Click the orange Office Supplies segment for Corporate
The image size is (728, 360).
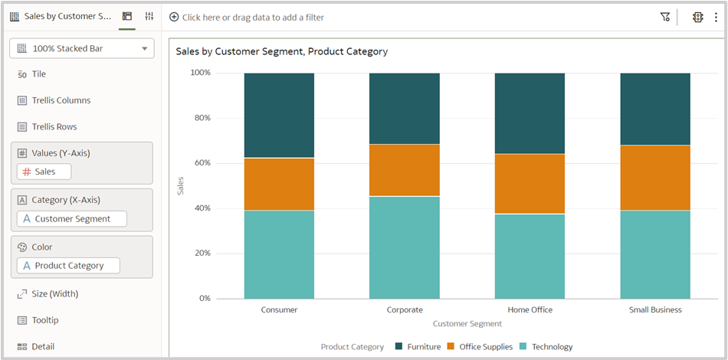404,170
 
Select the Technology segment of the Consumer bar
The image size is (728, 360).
279,254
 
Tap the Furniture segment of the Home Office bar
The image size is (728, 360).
530,113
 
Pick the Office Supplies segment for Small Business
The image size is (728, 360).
654,178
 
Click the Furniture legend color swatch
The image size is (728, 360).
398,347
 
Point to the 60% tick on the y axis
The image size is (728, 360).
200,163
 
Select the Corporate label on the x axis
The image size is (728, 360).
404,310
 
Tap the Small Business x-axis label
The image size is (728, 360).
654,310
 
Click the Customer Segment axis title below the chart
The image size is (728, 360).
467,324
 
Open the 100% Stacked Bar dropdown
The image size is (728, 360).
82,48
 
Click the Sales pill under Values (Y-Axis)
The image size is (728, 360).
44,172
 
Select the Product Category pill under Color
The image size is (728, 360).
69,266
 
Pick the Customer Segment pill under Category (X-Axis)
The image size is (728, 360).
72,219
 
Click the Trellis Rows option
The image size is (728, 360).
54,127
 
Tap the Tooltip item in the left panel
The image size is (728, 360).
44,320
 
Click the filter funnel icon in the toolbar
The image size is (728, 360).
664,17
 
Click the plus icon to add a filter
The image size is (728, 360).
174,17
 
